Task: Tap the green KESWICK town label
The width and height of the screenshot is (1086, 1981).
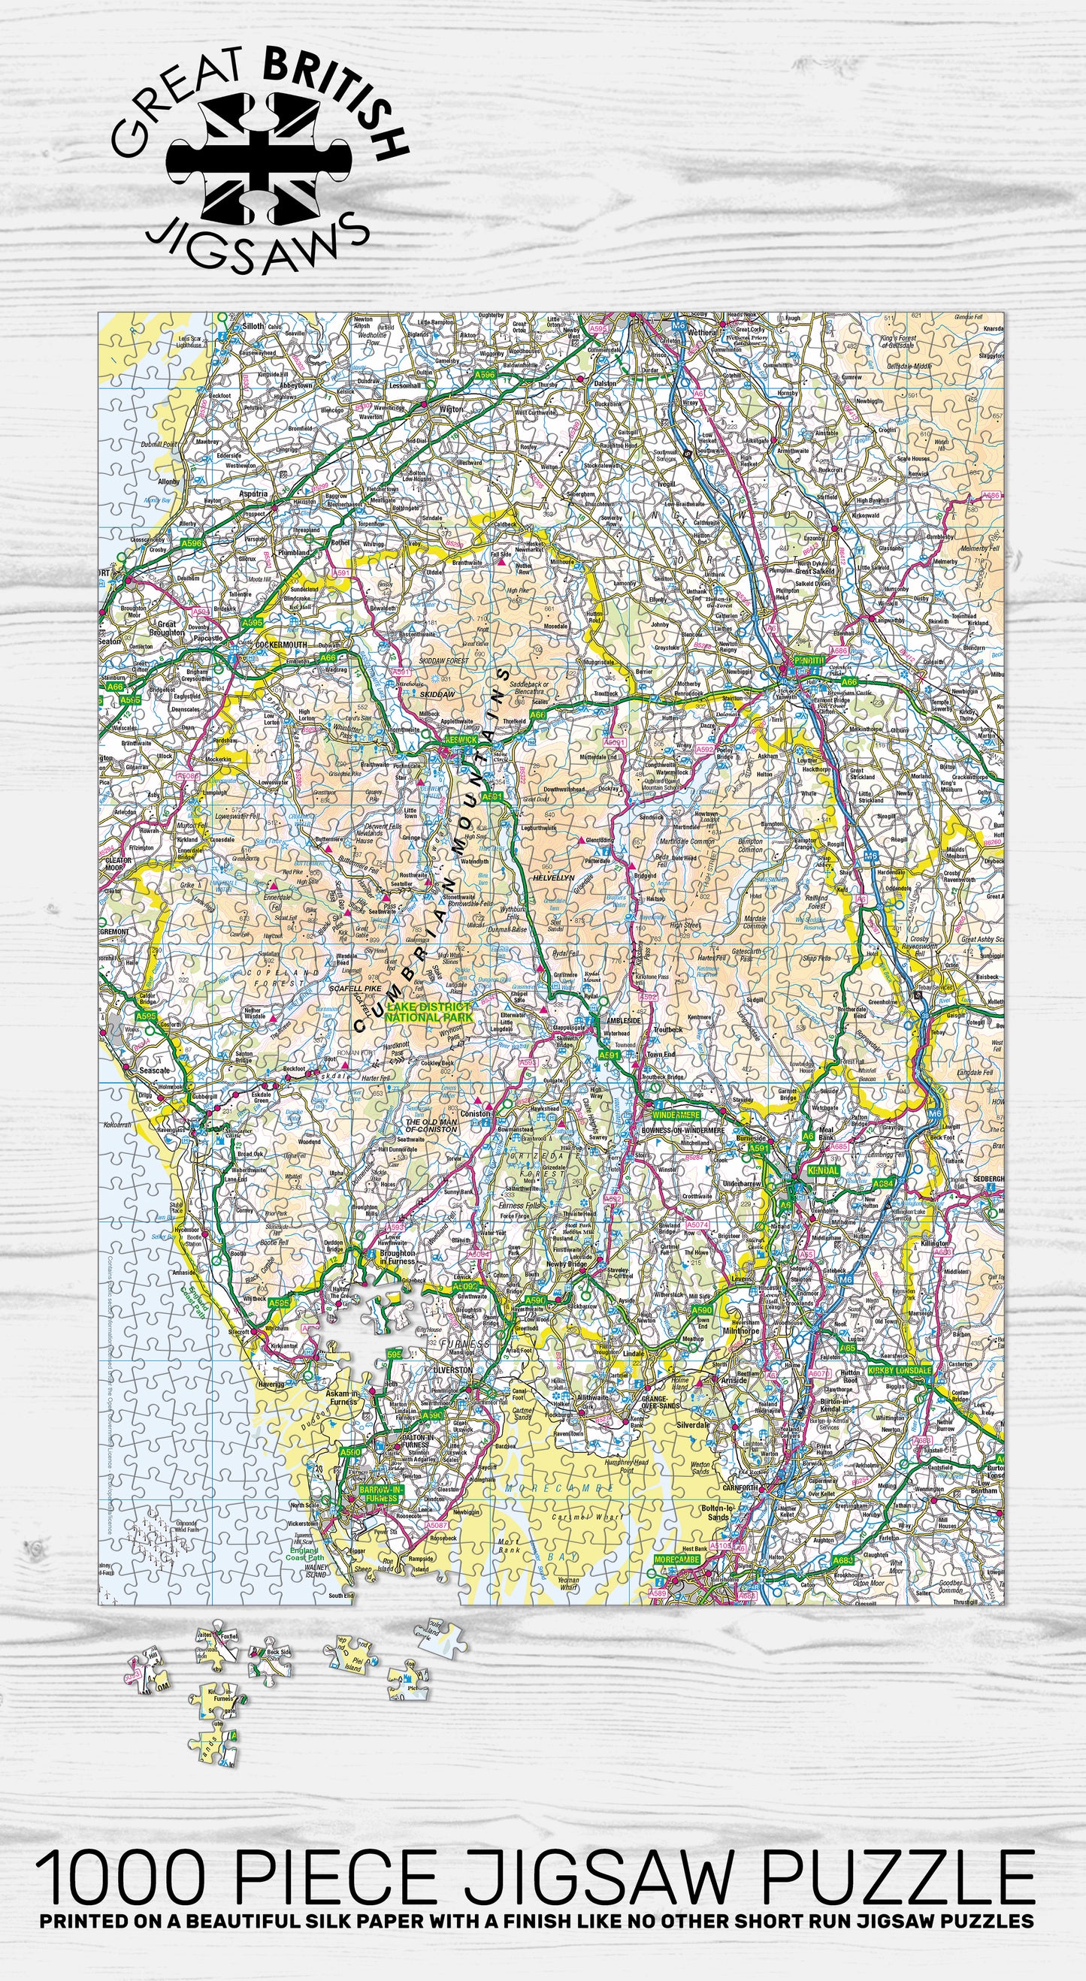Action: tap(461, 739)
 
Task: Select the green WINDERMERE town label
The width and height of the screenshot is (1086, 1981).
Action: tap(676, 1114)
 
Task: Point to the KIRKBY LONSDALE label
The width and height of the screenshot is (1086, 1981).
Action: tap(898, 1370)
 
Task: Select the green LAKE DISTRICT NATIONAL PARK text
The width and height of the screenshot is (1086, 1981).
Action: tap(428, 1012)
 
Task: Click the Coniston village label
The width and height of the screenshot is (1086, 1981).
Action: tap(474, 1113)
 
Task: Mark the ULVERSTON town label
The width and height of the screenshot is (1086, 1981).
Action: tap(453, 1369)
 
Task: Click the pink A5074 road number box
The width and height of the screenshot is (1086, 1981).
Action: tap(696, 1225)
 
